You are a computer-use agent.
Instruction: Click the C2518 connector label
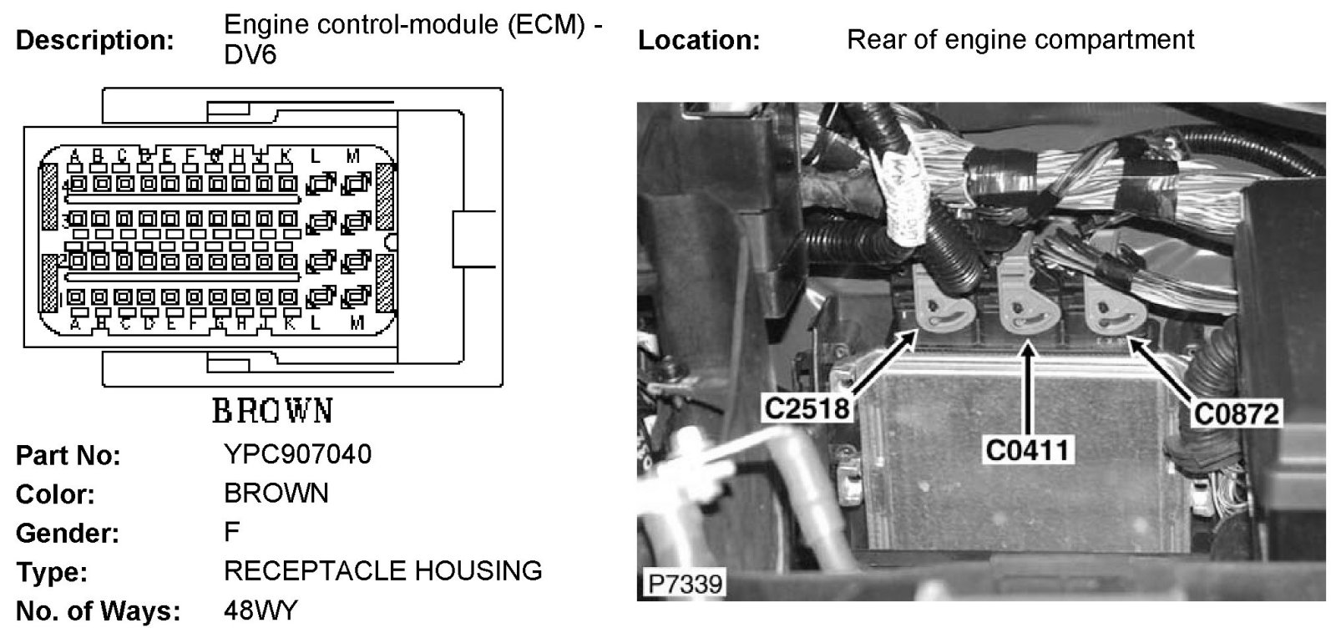click(807, 408)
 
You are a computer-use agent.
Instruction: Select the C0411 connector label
click(1026, 450)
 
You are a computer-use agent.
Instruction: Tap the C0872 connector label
click(1237, 413)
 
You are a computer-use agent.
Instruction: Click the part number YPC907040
click(297, 454)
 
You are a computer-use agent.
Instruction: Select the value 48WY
click(260, 610)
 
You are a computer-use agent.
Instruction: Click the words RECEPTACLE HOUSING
click(382, 571)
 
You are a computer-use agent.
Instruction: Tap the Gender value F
click(231, 532)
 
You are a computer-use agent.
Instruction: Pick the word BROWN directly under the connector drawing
click(272, 411)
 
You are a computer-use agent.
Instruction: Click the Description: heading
click(96, 40)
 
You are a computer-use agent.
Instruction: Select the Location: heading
click(699, 40)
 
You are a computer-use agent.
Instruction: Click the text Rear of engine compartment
click(1020, 39)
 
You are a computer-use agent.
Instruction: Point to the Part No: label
click(68, 456)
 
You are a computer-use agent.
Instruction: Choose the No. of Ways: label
click(99, 611)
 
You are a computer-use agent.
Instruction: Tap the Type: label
click(52, 573)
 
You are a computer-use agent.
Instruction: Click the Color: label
click(56, 494)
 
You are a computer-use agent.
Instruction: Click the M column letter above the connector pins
click(352, 156)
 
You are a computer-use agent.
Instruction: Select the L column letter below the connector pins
click(316, 323)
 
